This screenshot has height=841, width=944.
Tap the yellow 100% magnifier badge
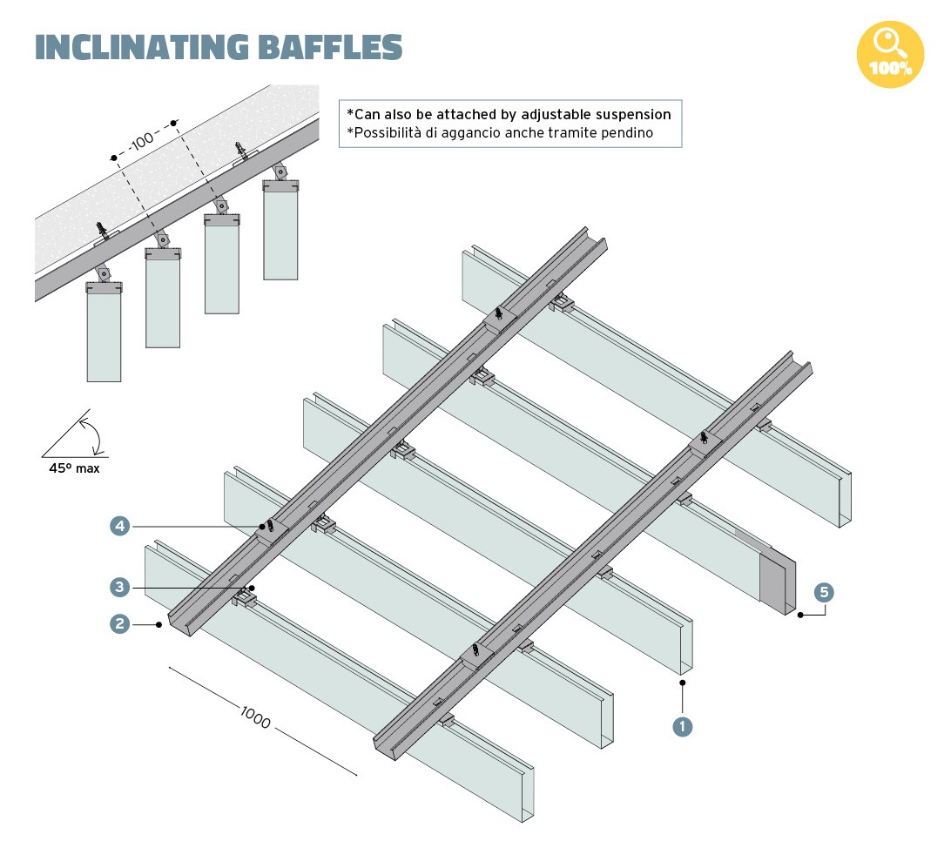point(889,55)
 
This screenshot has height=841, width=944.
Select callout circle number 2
point(120,623)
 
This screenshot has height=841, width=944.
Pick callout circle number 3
point(120,587)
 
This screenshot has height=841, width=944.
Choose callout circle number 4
point(120,526)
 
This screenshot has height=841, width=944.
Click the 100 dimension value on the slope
point(143,138)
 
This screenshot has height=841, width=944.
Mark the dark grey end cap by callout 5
point(776,578)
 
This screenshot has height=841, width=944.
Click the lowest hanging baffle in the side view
point(104,335)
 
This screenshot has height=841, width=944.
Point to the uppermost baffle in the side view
point(280,231)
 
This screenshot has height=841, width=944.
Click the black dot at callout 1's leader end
point(683,683)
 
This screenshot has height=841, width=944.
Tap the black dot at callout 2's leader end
point(159,623)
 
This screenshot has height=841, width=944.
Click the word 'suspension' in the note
point(629,114)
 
